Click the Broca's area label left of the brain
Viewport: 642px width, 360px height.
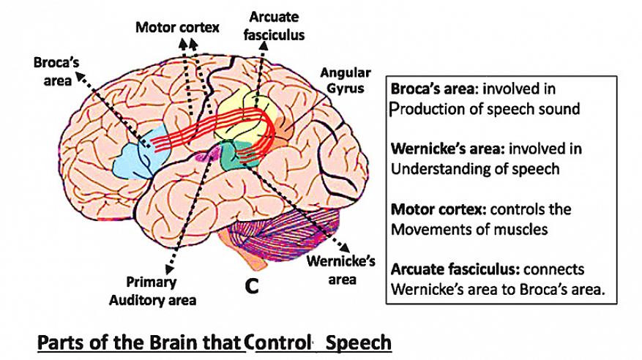52,71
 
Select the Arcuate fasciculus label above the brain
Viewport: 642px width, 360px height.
277,25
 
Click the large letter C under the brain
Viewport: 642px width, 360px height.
251,287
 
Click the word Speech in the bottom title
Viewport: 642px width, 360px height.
359,342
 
